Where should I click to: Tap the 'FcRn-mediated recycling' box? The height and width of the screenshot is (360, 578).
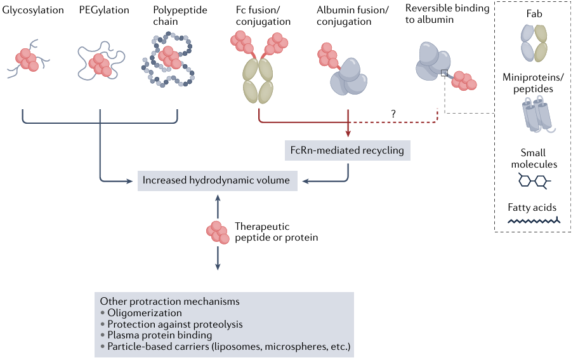click(x=348, y=151)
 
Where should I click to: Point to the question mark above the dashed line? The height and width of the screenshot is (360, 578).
click(x=393, y=113)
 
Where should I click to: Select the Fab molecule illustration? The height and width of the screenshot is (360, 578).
click(x=534, y=43)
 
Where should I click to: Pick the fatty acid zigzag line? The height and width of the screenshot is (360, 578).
click(x=534, y=221)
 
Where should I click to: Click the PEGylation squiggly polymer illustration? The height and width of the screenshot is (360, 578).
click(x=100, y=62)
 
